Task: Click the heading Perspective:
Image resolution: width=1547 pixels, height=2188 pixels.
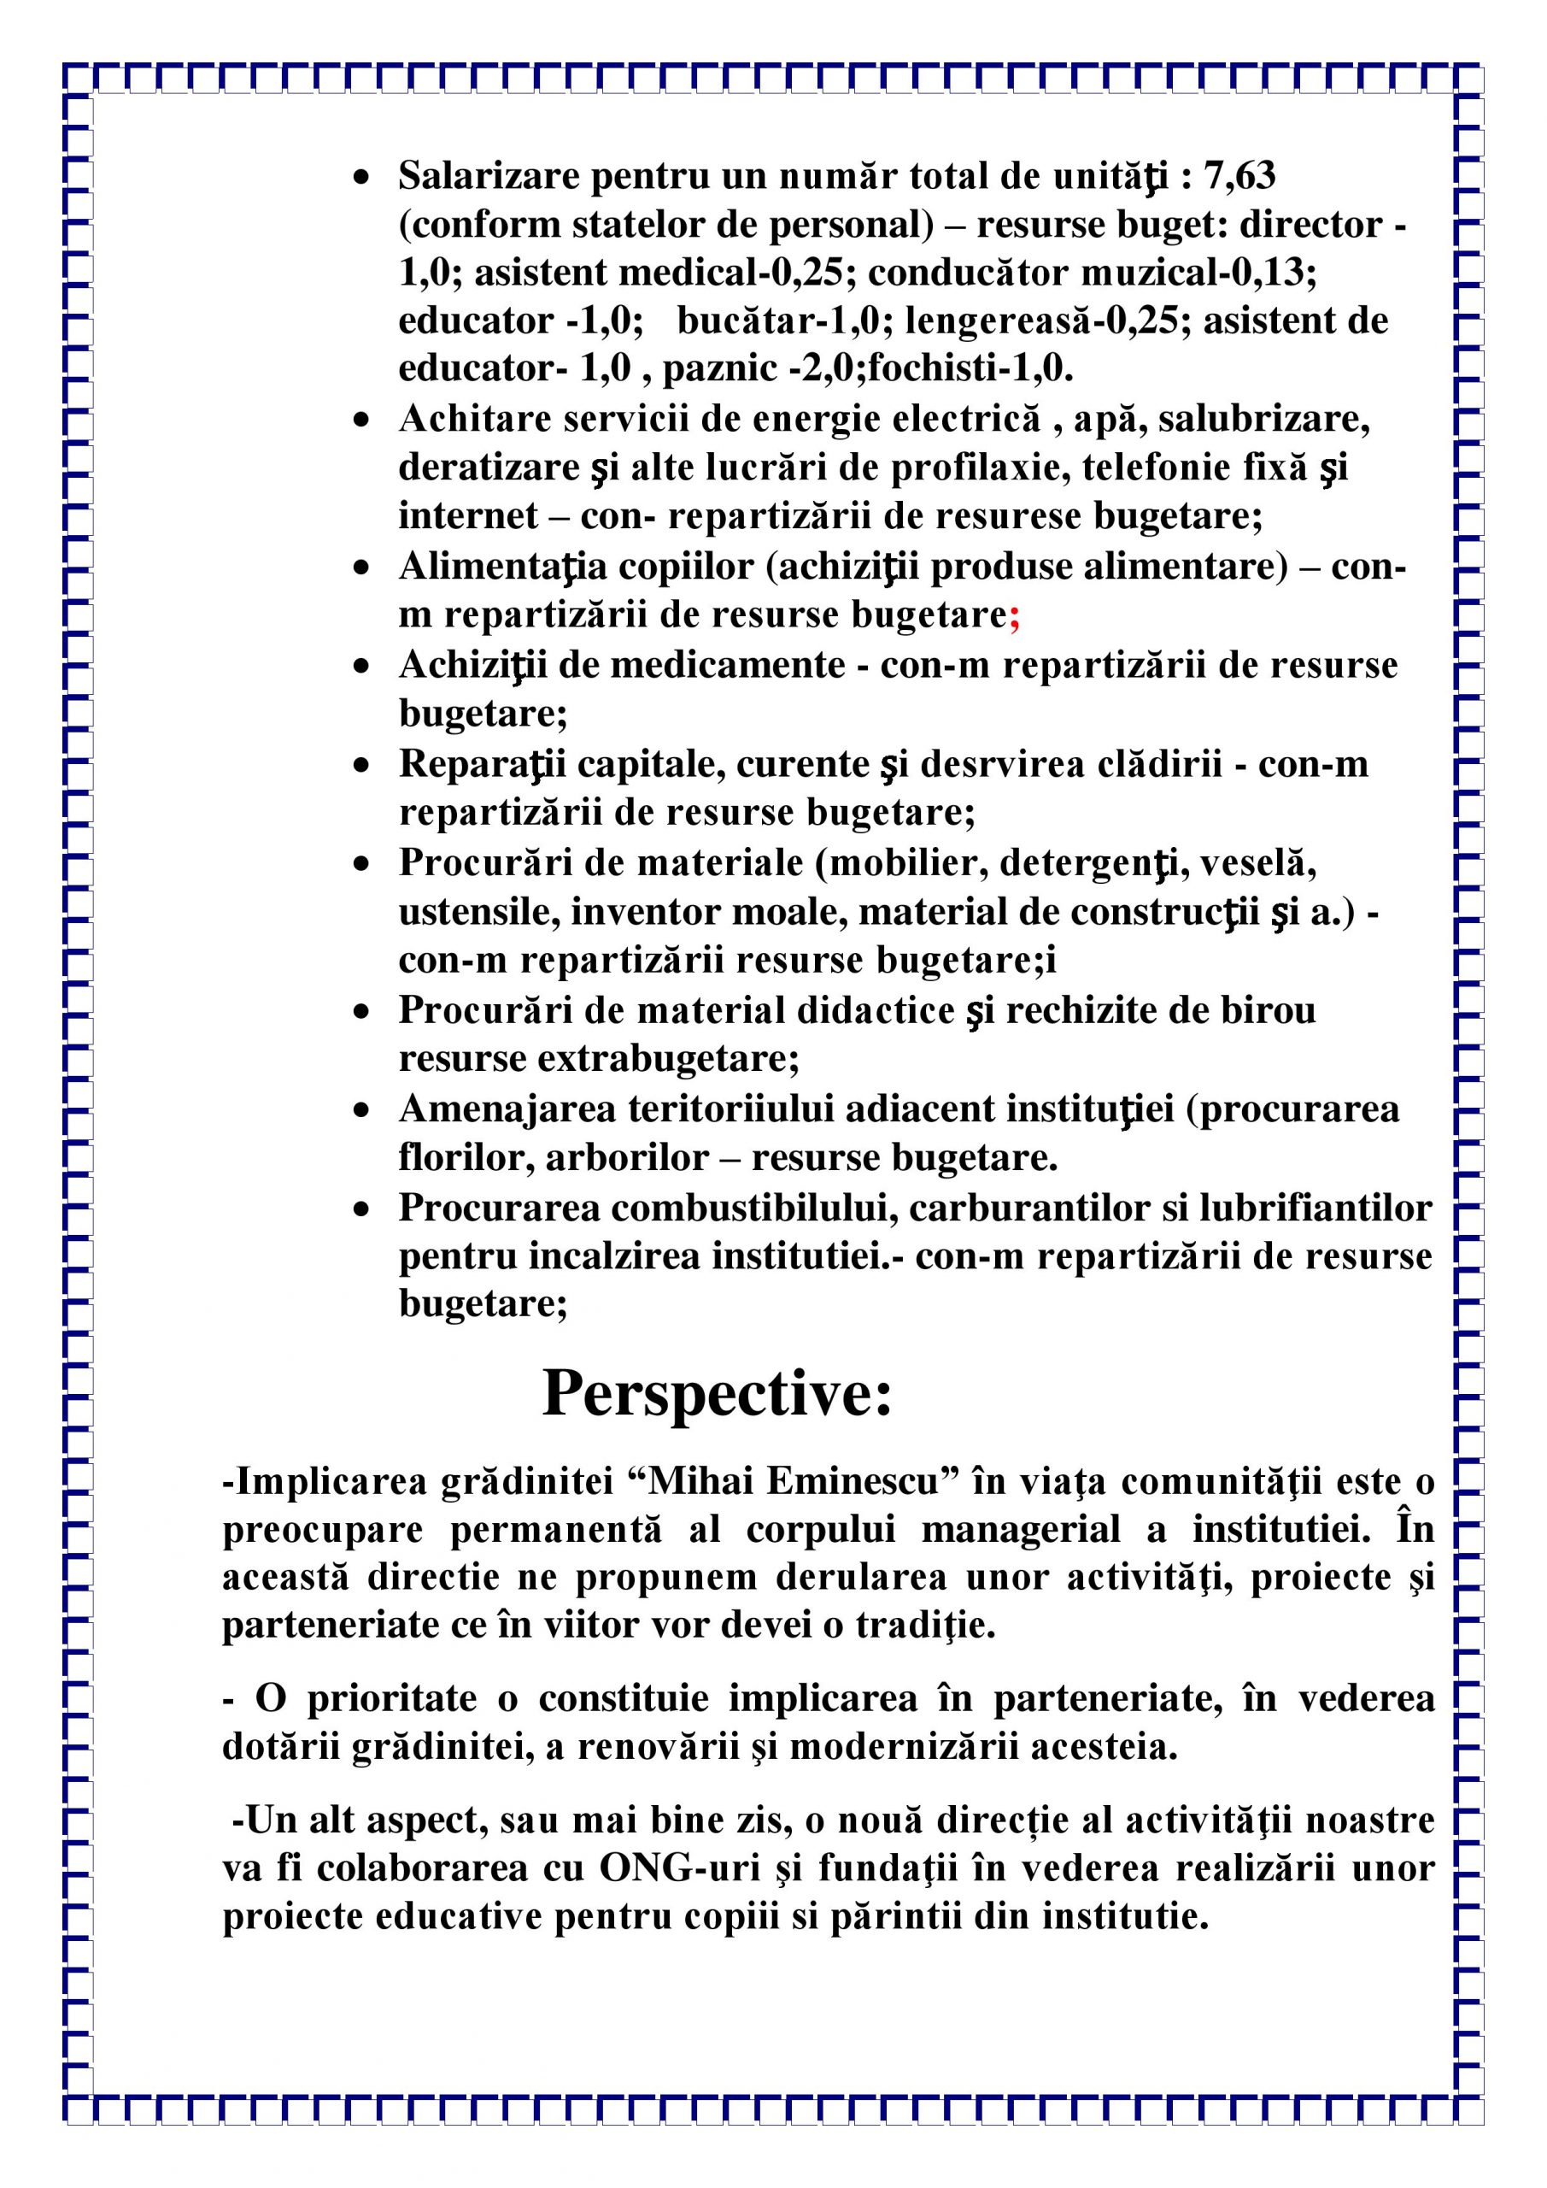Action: pyautogui.click(x=717, y=1395)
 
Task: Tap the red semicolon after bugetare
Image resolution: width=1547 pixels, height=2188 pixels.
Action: pyautogui.click(x=1015, y=615)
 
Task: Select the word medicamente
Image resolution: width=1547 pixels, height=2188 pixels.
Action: pyautogui.click(x=728, y=664)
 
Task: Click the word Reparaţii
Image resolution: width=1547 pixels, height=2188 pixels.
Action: pyautogui.click(x=481, y=763)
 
